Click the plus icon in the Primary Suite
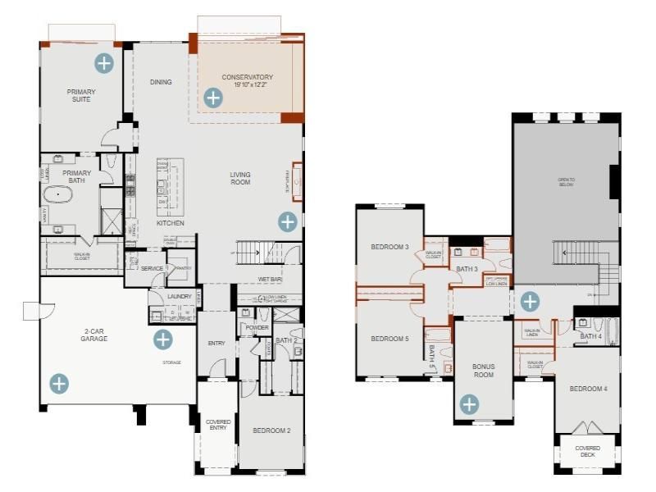[103, 62]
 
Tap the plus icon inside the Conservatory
[212, 98]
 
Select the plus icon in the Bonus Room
[469, 403]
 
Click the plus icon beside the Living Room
[287, 221]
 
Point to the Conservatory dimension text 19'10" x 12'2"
[247, 85]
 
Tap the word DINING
[161, 82]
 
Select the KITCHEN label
[171, 223]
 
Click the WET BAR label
[270, 280]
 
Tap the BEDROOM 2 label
[271, 430]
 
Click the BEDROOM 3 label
[389, 247]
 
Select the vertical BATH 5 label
[432, 353]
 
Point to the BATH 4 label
[590, 336]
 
